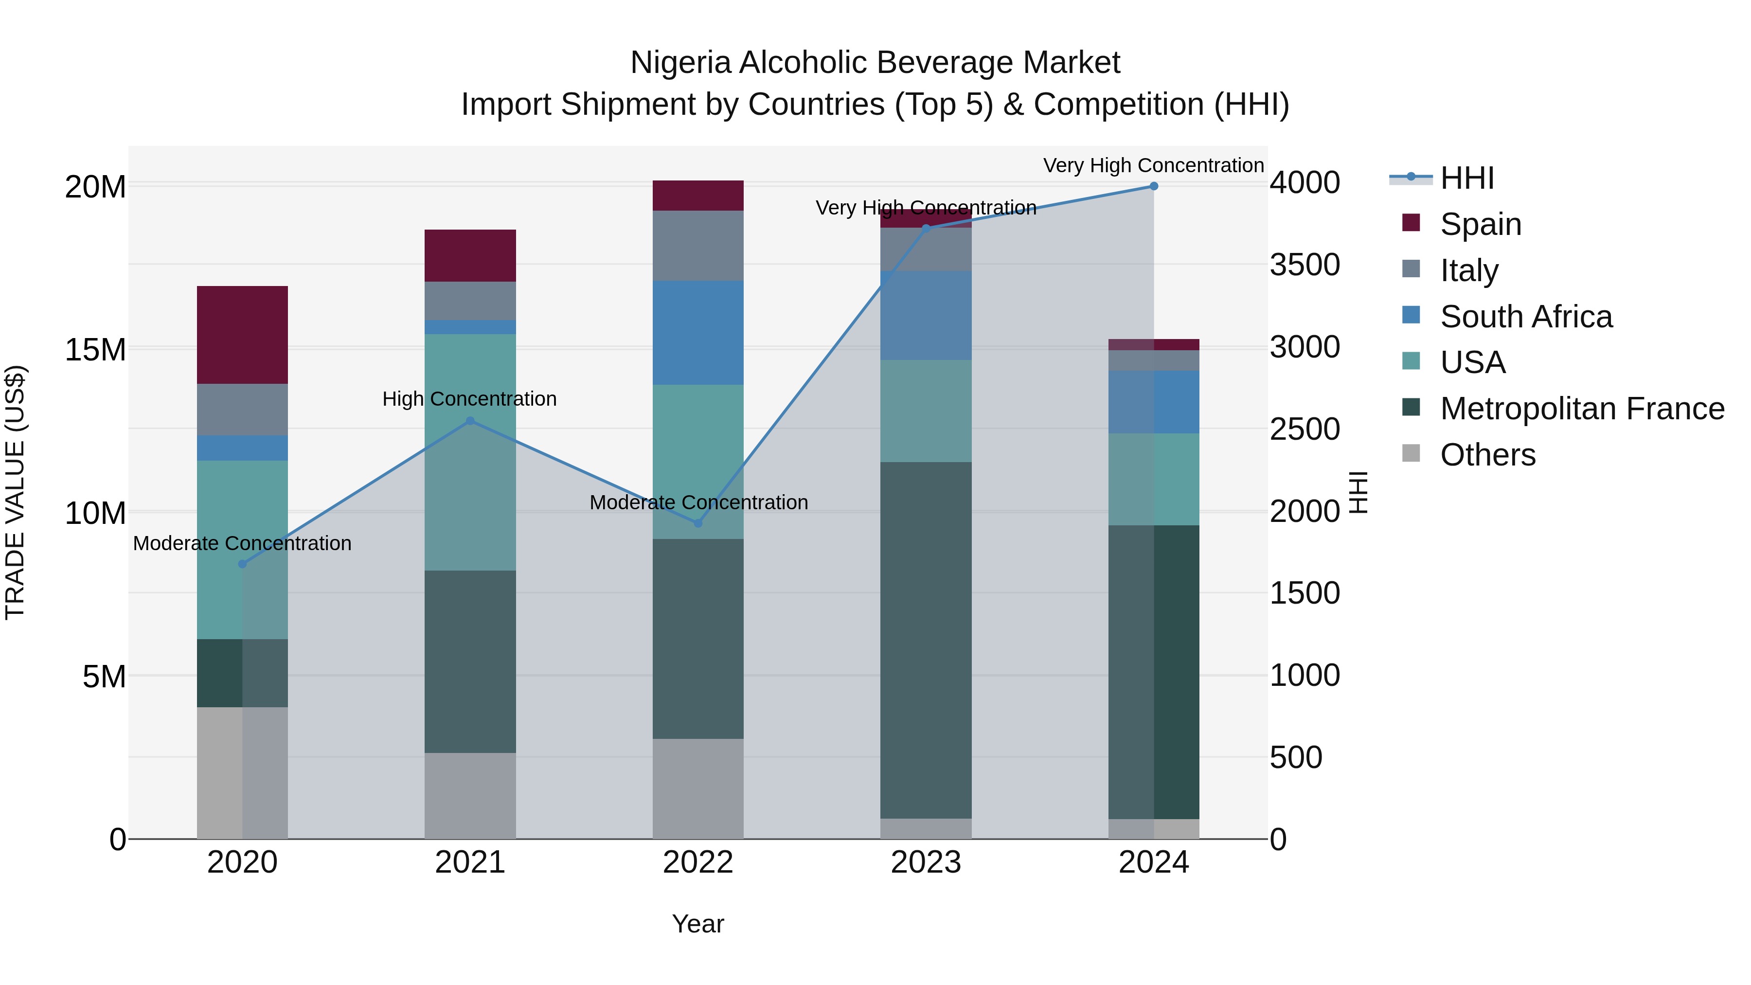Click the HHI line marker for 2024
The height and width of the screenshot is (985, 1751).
click(x=1154, y=186)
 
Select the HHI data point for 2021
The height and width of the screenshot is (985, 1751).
click(x=470, y=421)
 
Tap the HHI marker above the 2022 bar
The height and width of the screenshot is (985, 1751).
click(x=697, y=523)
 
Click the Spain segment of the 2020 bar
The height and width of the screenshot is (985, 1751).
click(x=242, y=335)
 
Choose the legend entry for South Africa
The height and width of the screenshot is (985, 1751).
click(x=1525, y=317)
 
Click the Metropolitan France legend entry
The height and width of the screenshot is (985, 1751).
click(x=1582, y=409)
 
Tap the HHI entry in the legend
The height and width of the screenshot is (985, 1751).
click(x=1467, y=178)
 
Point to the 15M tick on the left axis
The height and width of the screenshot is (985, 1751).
click(x=95, y=349)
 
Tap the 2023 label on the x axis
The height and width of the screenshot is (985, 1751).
click(x=925, y=862)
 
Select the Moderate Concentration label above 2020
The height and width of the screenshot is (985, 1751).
click(x=242, y=543)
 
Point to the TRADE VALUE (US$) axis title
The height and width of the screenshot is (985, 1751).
click(x=15, y=492)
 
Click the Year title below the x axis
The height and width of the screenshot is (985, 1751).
click(x=697, y=924)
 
